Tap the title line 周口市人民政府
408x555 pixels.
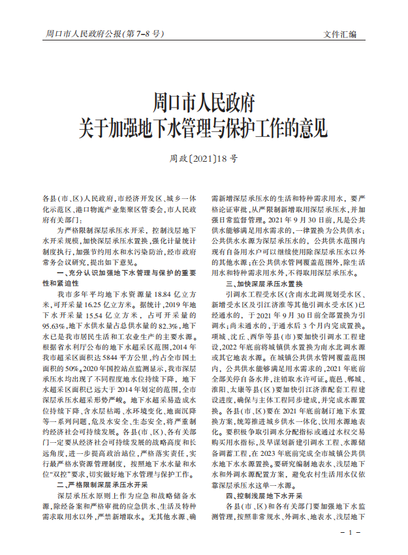click(x=203, y=103)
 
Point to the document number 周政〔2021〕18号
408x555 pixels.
click(x=203, y=158)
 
